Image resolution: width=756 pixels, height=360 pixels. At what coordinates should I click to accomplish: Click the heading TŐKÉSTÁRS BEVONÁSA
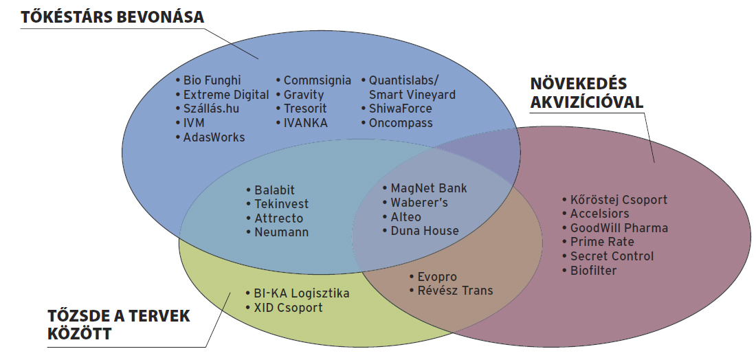[x=113, y=17]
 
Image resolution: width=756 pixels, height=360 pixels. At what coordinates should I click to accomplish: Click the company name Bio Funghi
[x=212, y=80]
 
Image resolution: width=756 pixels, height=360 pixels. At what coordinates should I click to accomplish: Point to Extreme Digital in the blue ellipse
[x=226, y=95]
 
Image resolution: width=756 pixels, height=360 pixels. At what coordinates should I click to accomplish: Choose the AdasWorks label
[x=214, y=137]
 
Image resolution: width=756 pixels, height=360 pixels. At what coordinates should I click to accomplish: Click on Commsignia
[x=317, y=80]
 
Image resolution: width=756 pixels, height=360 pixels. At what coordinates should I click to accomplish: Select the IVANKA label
[x=306, y=123]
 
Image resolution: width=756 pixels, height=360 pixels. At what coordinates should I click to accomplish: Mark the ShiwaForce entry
[x=400, y=109]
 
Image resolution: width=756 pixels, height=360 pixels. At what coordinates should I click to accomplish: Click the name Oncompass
[x=401, y=123]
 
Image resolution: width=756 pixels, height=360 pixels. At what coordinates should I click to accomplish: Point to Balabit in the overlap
[x=274, y=190]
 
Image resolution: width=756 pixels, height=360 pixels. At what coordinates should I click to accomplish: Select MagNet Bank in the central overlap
[x=429, y=188]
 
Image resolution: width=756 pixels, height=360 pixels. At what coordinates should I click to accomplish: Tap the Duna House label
[x=424, y=231]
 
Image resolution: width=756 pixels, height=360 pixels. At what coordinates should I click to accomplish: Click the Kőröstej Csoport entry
[x=619, y=200]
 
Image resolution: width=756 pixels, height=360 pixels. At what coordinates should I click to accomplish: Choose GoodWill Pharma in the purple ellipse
[x=619, y=228]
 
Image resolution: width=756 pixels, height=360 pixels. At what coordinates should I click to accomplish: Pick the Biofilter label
[x=593, y=270]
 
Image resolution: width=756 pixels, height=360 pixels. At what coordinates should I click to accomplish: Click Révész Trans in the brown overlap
[x=455, y=291]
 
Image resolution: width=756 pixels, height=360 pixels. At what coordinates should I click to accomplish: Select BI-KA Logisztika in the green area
[x=296, y=293]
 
